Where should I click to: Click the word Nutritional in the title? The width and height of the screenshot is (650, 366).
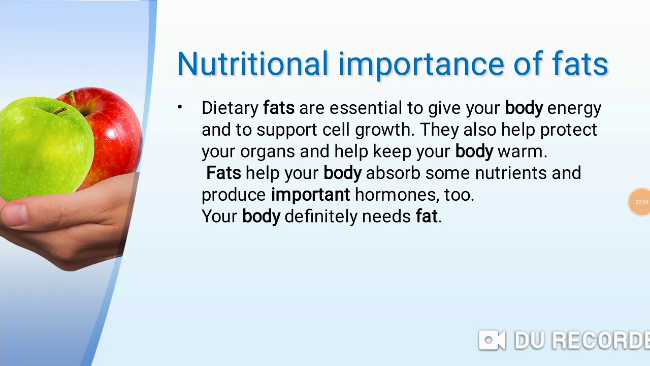point(252,65)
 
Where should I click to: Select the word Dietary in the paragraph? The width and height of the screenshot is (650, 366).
point(230,108)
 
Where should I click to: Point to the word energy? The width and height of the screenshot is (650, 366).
point(574,109)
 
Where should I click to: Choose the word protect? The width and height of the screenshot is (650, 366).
point(568,130)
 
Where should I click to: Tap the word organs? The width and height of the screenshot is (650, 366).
point(268,152)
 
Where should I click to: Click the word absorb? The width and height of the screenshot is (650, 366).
point(393,173)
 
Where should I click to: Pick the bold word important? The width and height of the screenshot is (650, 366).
point(310,195)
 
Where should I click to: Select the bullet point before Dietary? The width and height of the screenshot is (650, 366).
point(180,107)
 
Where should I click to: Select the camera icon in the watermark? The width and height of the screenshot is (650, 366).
point(492,340)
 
